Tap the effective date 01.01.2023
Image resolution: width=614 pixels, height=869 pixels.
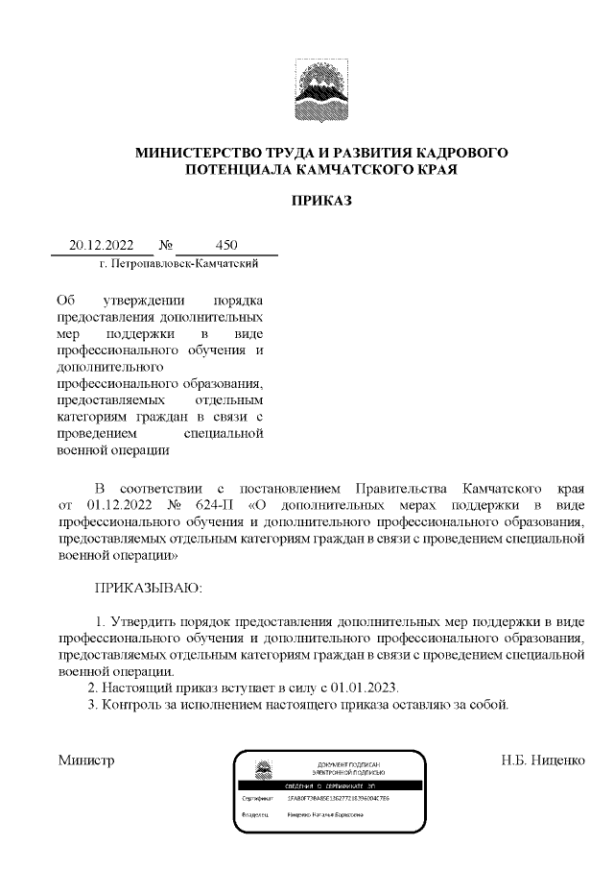tap(375, 688)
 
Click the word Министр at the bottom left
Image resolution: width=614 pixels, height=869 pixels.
tap(86, 760)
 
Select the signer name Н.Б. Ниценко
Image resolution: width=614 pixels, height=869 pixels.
tap(542, 760)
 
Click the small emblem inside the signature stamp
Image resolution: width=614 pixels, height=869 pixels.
tap(262, 769)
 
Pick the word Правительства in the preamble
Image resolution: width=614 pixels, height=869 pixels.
tap(400, 485)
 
